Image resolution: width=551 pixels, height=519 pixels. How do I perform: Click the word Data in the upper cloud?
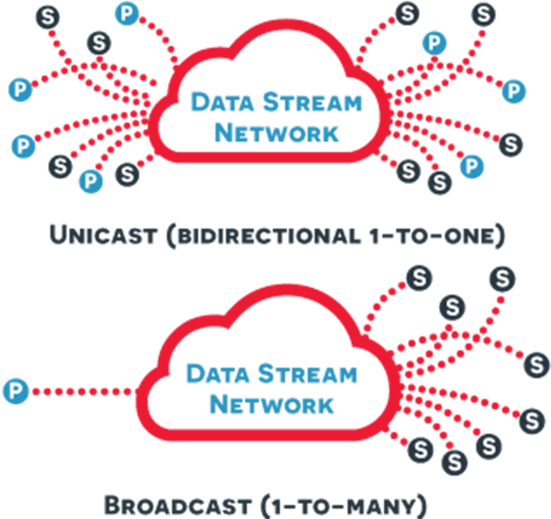click(x=223, y=103)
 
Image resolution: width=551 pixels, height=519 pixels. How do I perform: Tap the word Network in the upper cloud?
click(x=276, y=133)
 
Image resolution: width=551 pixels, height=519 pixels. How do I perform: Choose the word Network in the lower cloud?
click(x=272, y=405)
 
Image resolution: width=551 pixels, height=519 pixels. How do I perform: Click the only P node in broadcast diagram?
click(x=15, y=391)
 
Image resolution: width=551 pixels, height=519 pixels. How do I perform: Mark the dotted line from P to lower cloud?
click(x=83, y=392)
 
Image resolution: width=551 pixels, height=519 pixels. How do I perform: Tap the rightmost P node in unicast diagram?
click(x=514, y=90)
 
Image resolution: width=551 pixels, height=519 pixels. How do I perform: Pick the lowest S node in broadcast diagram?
click(x=453, y=461)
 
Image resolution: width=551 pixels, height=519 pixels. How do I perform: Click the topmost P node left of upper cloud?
click(x=129, y=12)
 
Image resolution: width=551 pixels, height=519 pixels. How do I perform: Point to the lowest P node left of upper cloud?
click(x=89, y=180)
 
